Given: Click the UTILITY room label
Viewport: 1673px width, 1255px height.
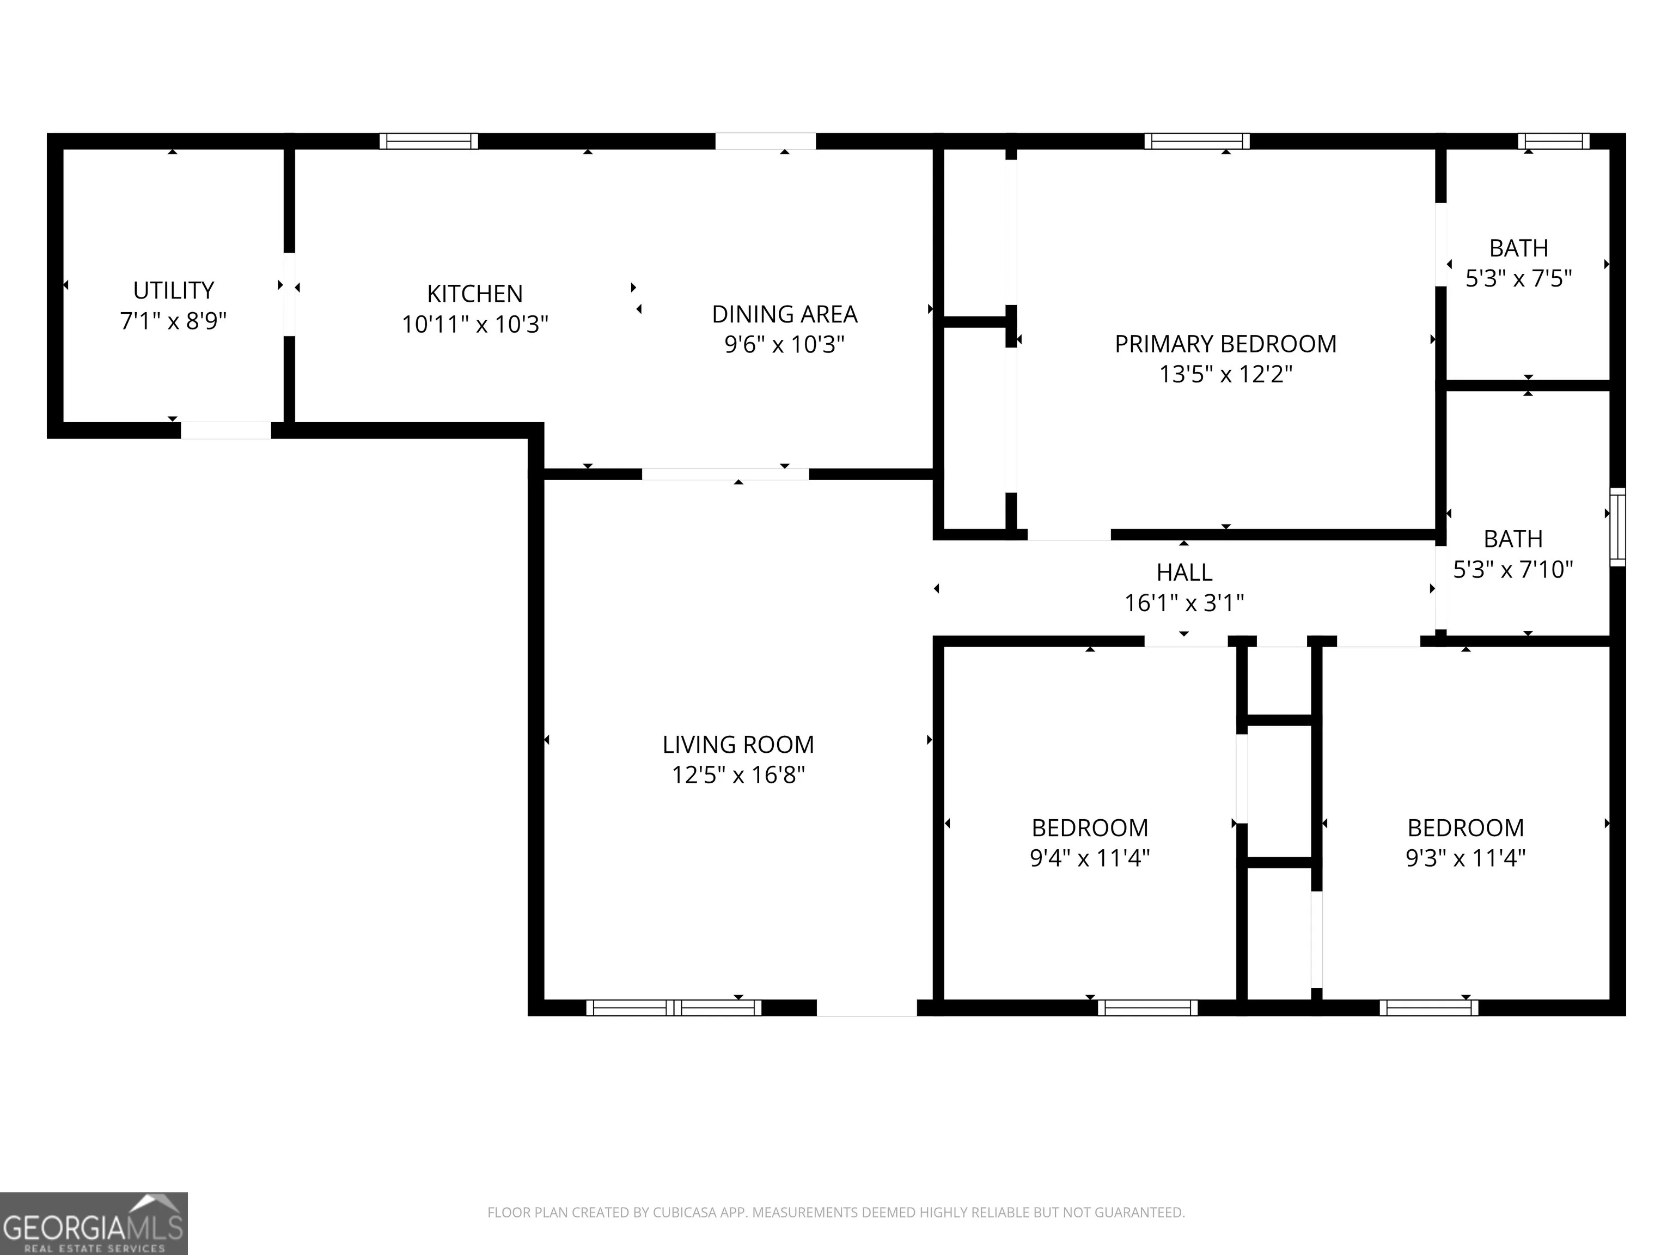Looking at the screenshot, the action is coord(174,290).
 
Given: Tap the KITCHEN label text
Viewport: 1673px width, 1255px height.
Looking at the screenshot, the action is coord(475,294).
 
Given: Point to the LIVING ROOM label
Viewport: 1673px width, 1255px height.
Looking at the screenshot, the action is coord(738,745).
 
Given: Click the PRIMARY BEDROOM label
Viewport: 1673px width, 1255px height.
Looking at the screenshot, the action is coord(1225,344).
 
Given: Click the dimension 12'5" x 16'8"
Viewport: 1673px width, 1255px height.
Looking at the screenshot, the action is coord(738,776).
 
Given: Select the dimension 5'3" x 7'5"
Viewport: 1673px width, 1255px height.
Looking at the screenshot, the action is coord(1519,279).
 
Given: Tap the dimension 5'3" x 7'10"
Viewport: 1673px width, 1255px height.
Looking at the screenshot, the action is coord(1513,570).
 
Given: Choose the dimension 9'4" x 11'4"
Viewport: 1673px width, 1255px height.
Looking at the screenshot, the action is coord(1090,858).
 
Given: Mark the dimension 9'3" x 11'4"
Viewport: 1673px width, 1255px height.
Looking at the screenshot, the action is coord(1466,858).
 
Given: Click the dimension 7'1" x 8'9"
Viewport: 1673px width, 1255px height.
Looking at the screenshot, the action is coord(174,321).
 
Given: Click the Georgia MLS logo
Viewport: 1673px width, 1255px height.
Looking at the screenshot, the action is coord(94,1224).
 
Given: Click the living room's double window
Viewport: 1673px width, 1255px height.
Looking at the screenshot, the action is coord(674,1008).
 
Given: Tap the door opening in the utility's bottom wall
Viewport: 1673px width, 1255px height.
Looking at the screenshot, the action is coord(225,430).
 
